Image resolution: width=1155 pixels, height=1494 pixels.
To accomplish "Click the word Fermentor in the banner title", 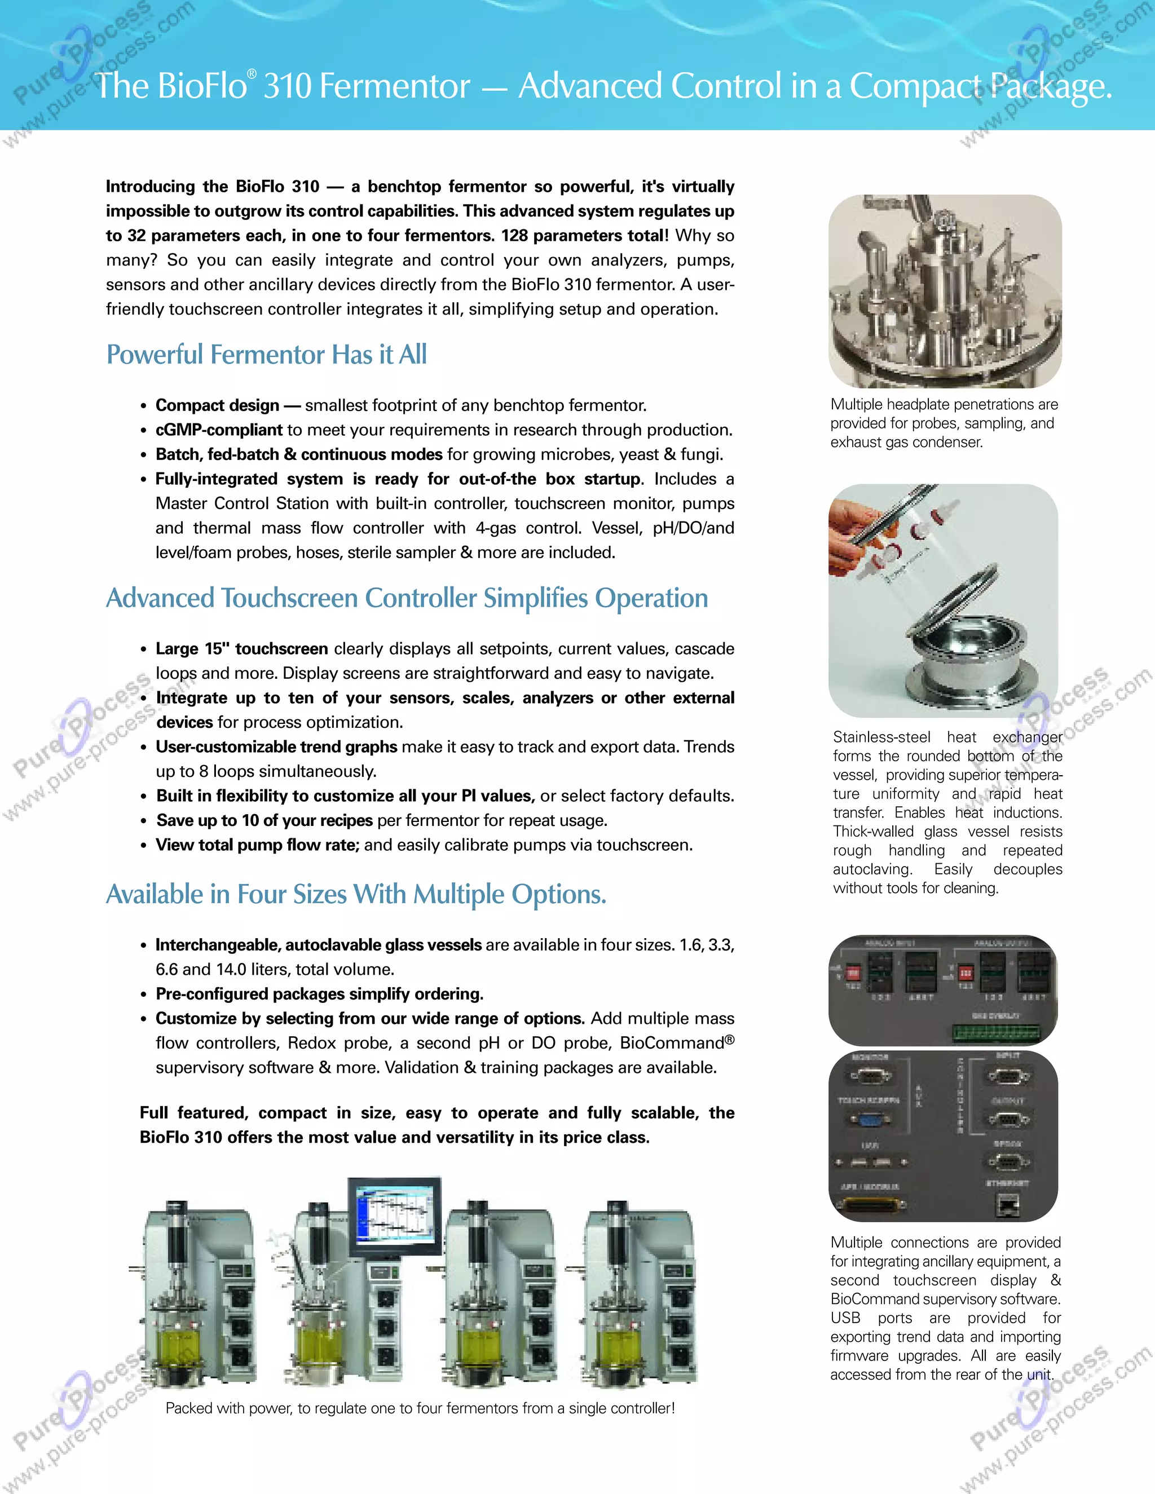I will click(395, 87).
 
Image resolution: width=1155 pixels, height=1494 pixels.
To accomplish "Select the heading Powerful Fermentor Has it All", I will click(266, 355).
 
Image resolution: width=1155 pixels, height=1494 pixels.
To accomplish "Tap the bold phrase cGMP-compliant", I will click(218, 430).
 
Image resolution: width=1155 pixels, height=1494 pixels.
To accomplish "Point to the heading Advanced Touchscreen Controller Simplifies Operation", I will click(407, 598).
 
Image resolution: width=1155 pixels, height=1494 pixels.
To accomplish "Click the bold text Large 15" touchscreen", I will click(241, 648).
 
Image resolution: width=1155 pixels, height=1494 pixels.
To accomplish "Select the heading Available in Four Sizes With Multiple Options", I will click(356, 894).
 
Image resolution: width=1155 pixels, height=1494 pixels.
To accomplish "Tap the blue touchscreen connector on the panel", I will click(870, 1120).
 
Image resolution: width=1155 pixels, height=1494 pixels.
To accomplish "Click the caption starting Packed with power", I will click(420, 1408).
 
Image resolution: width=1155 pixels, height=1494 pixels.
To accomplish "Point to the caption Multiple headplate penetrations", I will click(944, 404).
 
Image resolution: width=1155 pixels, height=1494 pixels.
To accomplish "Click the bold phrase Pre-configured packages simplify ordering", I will click(319, 993).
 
